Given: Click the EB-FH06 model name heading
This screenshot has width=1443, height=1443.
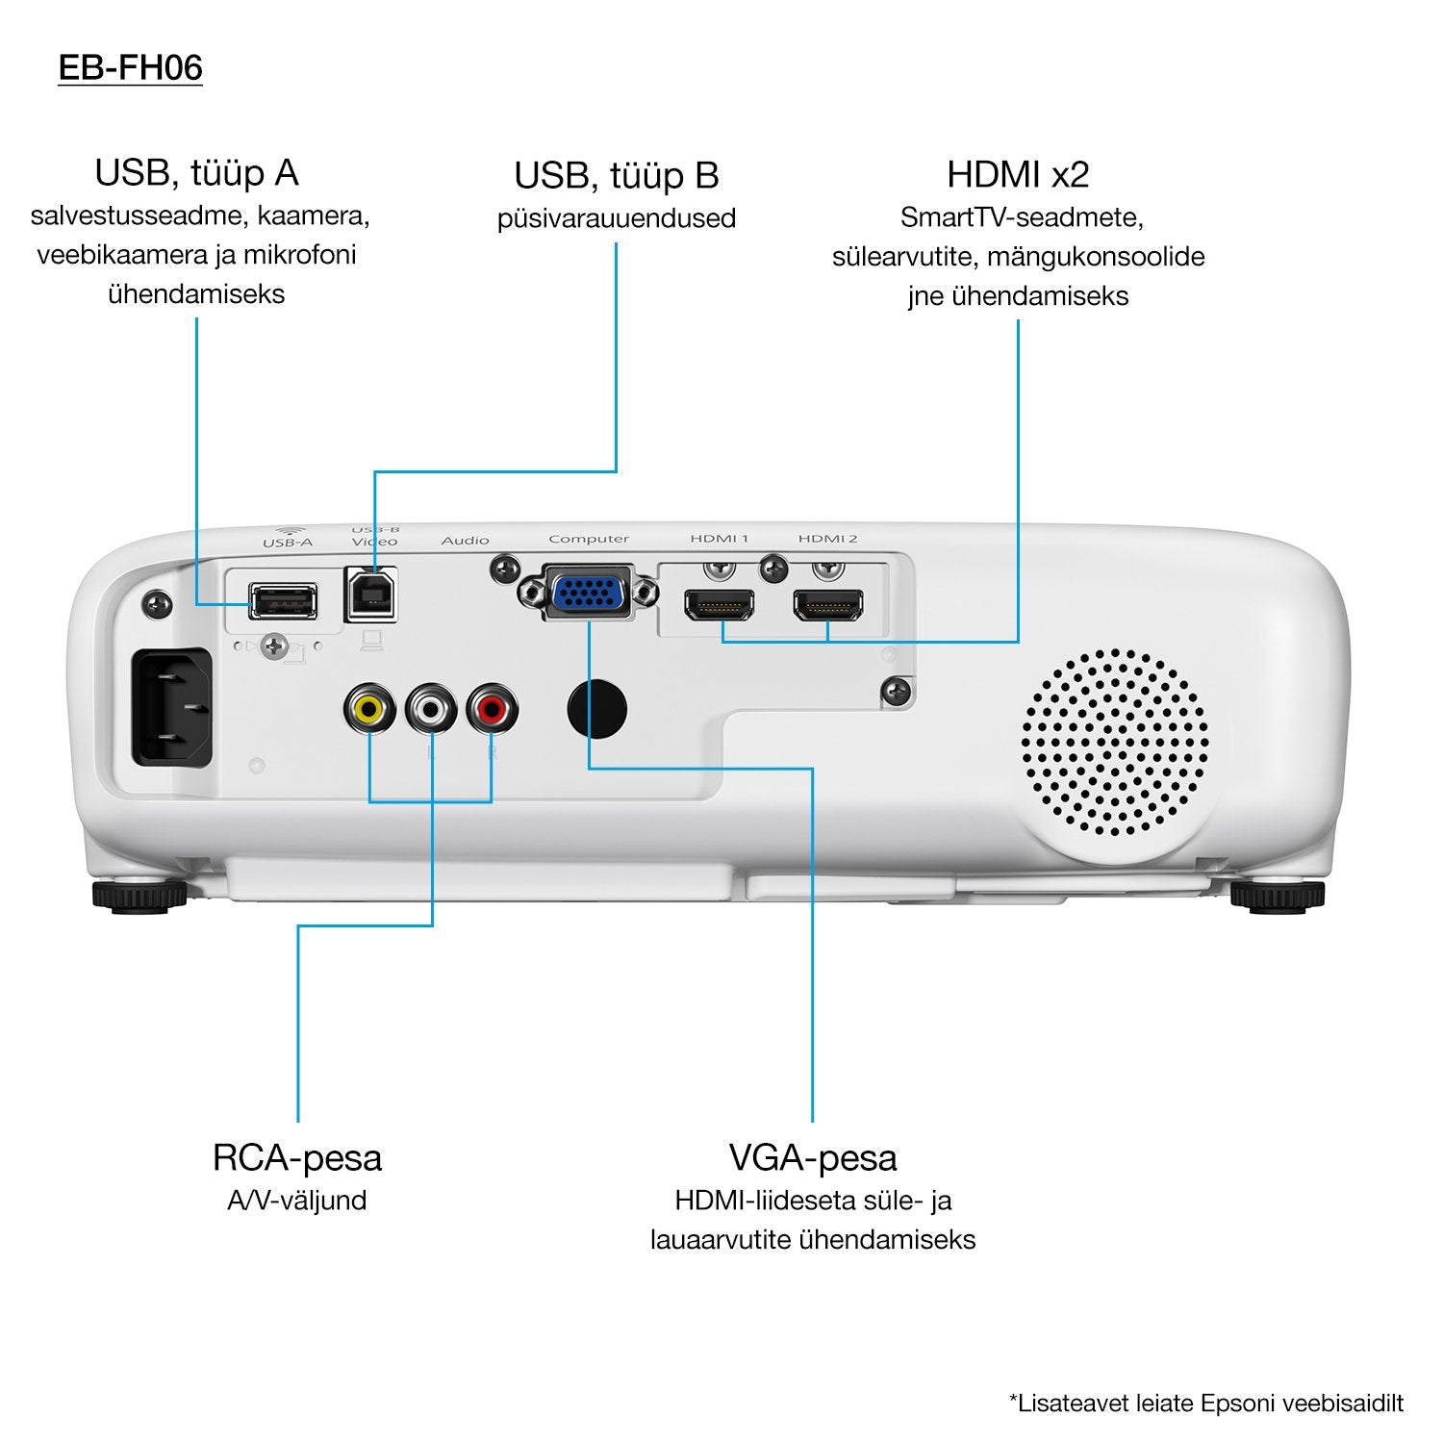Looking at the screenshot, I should coord(130,68).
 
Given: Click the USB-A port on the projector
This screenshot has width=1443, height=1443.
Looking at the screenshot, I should coord(283,601).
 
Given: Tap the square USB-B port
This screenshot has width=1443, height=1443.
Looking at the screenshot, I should coord(370,595).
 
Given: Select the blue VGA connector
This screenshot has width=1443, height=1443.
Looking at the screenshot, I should coord(589,592).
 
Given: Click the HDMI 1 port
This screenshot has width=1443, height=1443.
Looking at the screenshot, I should coord(720,606).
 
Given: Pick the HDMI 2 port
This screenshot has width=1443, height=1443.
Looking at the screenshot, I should coord(827,606).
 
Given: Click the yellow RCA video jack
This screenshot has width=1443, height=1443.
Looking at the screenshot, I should coord(369,710).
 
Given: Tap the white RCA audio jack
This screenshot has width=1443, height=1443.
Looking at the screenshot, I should coord(430,710).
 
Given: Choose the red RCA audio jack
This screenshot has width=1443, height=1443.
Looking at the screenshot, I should coord(492,710).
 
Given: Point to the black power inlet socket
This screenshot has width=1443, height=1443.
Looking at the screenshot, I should coord(172,707).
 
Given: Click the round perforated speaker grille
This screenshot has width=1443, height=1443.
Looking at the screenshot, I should coord(1114,743).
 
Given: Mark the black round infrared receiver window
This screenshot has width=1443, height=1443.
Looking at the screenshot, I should coord(597,709).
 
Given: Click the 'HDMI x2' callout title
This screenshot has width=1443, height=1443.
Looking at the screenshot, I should coord(1018,175).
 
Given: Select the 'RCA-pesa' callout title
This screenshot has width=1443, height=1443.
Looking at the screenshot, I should coord(297,1157).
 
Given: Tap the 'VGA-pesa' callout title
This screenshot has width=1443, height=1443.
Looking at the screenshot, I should coord(813,1157).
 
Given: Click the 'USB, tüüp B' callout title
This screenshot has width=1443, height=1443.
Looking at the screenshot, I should coord(616,176).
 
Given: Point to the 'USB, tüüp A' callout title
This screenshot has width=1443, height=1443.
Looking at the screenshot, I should coord(196,173).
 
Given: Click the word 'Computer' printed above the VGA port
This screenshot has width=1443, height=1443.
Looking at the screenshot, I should coord(589,539).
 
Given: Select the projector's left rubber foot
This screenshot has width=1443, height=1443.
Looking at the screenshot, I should coord(139,896).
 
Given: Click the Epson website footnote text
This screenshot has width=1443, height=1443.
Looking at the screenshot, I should coord(1206,1404).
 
